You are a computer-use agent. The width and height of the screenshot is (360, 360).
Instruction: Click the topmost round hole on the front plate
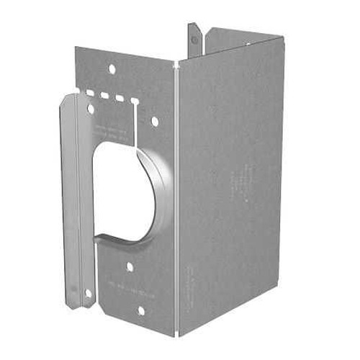[112, 69]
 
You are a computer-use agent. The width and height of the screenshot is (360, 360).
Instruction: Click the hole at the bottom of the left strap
[88, 293]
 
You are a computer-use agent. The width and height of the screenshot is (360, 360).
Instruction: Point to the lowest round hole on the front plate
[140, 310]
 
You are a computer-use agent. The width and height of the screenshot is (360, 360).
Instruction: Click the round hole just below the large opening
[130, 266]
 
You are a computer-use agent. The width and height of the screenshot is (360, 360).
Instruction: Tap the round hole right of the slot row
[154, 122]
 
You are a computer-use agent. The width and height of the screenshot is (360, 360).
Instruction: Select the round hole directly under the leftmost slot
[91, 109]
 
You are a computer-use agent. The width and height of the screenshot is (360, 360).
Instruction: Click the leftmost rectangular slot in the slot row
[89, 93]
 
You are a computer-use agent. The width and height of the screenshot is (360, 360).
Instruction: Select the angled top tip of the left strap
[69, 97]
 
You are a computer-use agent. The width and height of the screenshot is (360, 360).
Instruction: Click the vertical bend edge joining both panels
[177, 202]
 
